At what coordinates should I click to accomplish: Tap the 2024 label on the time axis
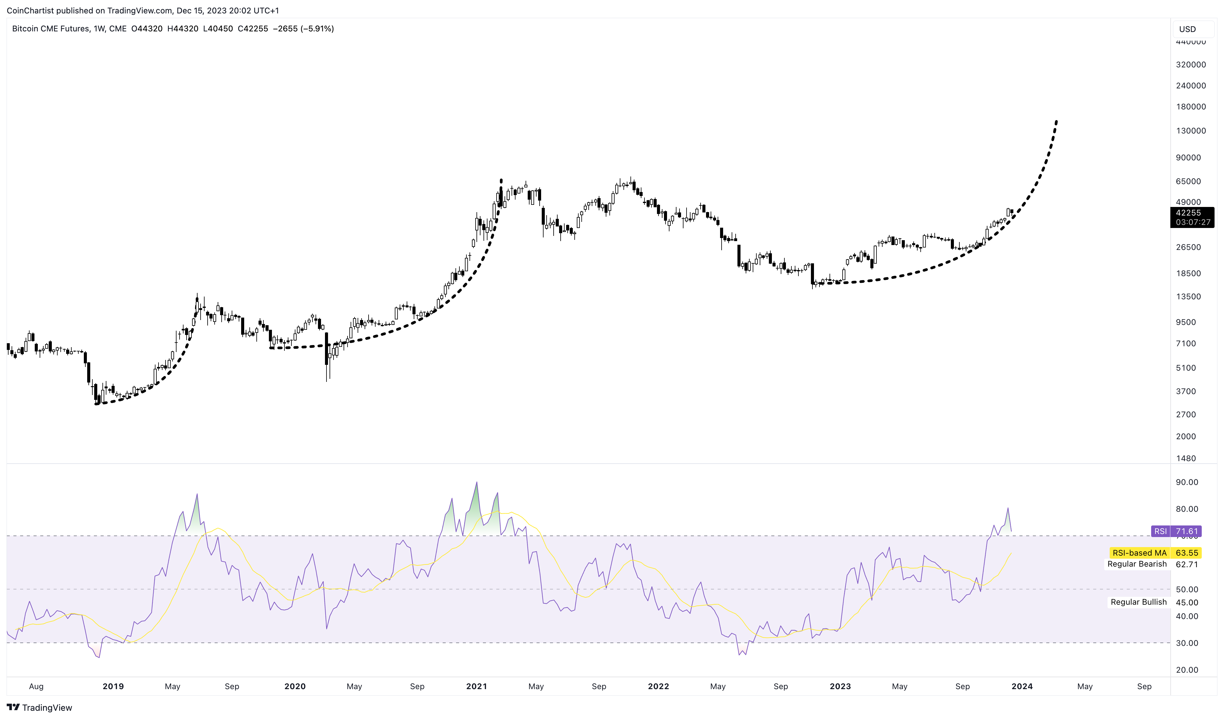pyautogui.click(x=1022, y=686)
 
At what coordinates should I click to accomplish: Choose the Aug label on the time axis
pyautogui.click(x=36, y=686)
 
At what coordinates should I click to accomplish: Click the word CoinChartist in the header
pyautogui.click(x=30, y=10)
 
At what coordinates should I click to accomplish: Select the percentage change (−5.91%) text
pyautogui.click(x=317, y=29)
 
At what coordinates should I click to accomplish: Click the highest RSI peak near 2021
pyautogui.click(x=476, y=482)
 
